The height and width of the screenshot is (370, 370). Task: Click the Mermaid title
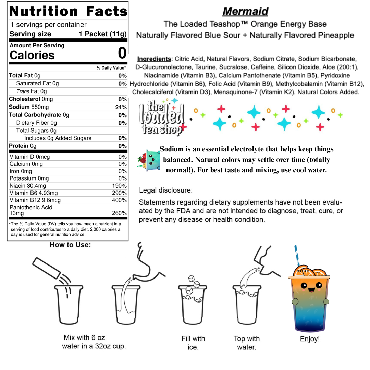(245, 11)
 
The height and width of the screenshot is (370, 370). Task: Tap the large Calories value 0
(122, 54)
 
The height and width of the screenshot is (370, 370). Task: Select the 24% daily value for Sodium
(121, 107)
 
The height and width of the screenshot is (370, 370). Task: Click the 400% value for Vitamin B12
(119, 200)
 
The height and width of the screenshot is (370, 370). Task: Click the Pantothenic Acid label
(31, 207)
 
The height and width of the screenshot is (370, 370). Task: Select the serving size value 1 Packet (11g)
(102, 34)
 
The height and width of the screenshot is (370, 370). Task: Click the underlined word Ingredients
(154, 59)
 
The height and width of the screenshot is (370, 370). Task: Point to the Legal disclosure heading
(165, 190)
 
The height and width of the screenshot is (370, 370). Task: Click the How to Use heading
(70, 245)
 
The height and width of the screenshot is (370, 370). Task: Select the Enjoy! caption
(309, 339)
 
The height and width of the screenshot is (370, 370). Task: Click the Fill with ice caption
(193, 343)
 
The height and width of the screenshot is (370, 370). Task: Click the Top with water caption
(247, 343)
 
